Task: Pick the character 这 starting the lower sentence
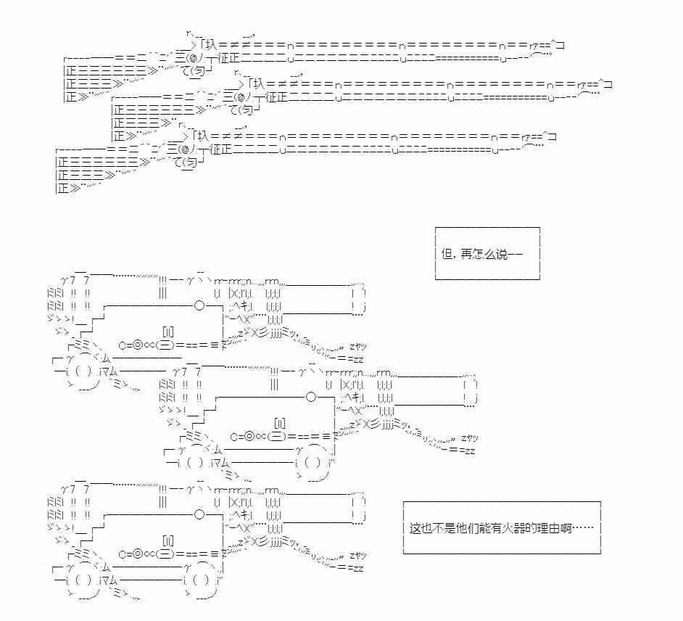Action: point(415,527)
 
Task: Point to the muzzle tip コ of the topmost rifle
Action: point(560,45)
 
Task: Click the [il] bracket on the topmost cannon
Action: point(168,331)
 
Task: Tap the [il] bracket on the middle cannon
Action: point(280,422)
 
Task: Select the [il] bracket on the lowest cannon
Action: point(168,540)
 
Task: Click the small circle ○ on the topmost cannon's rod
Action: point(199,305)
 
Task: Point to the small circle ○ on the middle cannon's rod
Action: point(311,397)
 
